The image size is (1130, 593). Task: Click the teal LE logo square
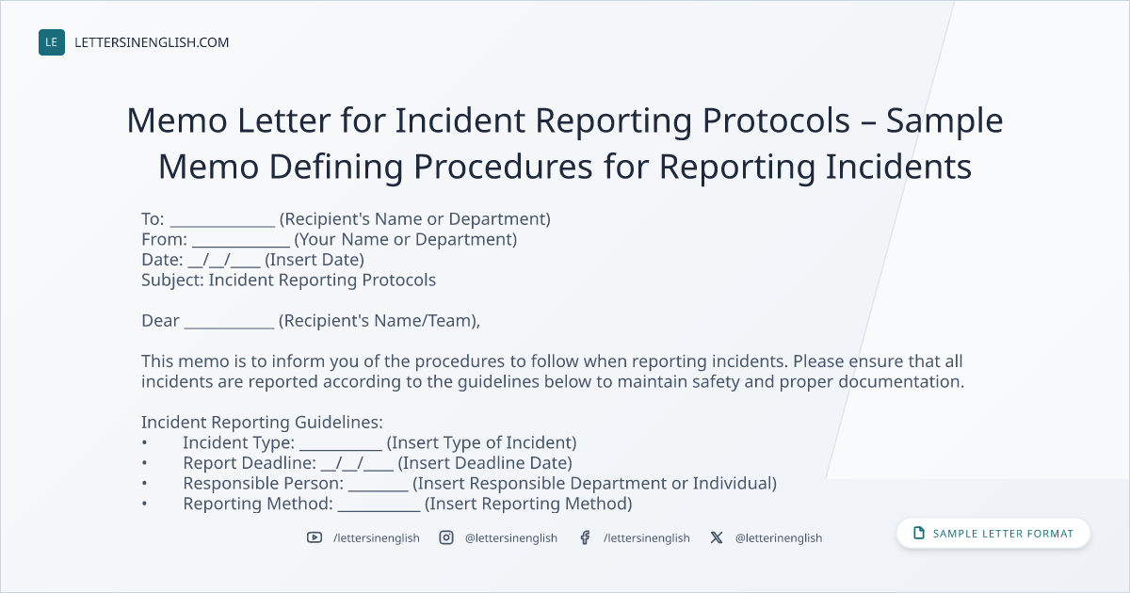[52, 42]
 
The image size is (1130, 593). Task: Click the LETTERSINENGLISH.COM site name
[152, 42]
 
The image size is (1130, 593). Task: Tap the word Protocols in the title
[776, 120]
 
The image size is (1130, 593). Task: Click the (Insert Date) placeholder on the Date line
[315, 260]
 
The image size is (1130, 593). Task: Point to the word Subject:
[172, 280]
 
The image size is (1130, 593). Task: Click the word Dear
[160, 321]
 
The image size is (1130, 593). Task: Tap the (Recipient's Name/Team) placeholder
[379, 321]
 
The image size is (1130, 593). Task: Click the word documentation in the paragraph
[901, 382]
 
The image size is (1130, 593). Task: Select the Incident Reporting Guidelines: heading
[262, 423]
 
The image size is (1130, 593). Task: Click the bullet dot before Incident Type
[145, 442]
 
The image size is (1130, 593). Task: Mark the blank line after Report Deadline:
[357, 464]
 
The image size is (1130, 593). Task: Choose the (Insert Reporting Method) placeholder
[528, 504]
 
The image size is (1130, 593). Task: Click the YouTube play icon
[315, 537]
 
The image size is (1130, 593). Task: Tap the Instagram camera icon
[446, 537]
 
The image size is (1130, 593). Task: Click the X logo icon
[717, 537]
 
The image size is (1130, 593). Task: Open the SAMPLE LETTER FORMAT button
[993, 534]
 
